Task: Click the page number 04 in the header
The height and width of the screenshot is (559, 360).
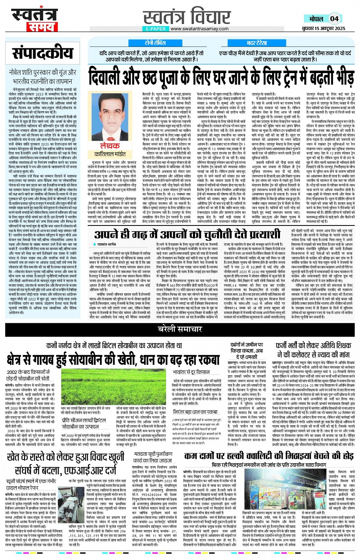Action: click(334, 19)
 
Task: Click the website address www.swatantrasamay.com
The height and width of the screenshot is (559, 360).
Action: click(199, 29)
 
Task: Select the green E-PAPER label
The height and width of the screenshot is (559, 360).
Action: click(155, 29)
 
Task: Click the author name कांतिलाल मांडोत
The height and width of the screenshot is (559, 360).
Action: click(110, 154)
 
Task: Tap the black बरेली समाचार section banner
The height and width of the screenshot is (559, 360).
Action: click(180, 329)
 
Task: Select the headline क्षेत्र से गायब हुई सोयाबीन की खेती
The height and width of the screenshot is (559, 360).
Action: click(113, 359)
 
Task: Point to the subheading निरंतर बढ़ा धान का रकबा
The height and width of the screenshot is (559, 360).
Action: click(195, 412)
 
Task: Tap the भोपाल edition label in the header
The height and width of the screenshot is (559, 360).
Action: click(316, 19)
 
